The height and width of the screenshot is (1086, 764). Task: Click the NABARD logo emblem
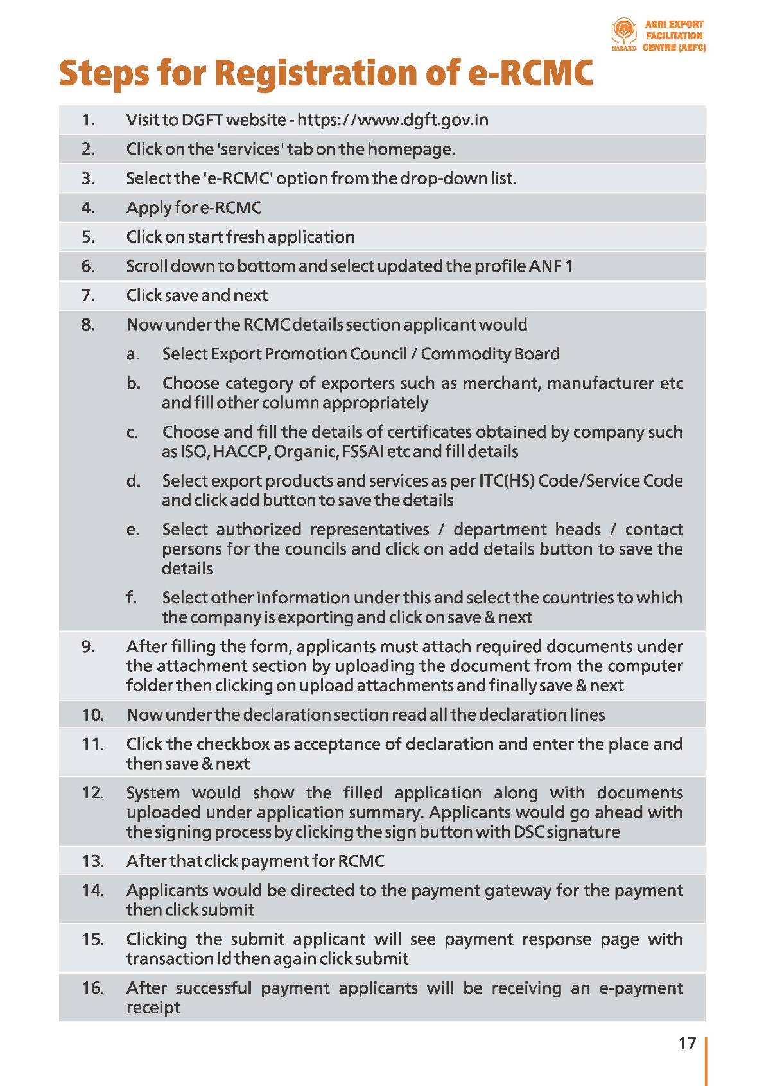(623, 31)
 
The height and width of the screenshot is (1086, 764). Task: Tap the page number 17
(687, 1044)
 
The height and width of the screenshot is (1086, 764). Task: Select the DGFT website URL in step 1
(393, 120)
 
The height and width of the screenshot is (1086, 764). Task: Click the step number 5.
(88, 237)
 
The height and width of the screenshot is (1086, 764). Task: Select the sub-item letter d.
(133, 481)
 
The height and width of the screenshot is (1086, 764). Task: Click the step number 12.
(92, 793)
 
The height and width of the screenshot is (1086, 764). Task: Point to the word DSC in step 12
(528, 832)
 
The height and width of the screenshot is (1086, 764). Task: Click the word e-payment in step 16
(641, 988)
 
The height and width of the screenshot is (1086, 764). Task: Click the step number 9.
(88, 646)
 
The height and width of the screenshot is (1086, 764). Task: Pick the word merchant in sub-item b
(500, 383)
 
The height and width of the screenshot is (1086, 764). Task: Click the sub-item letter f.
(132, 598)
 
